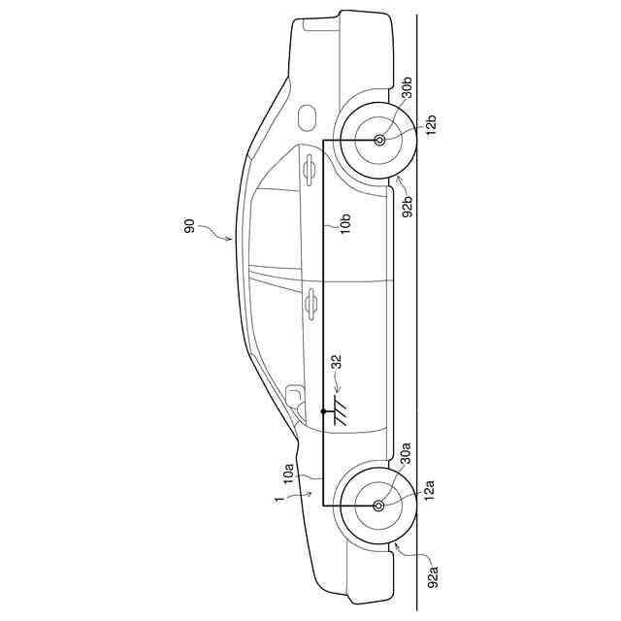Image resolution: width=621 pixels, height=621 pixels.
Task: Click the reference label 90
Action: coord(190,226)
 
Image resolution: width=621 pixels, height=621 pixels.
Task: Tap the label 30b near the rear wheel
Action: coord(407,87)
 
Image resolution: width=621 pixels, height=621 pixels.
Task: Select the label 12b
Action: coord(431,124)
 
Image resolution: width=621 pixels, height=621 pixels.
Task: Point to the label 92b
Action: coord(408,207)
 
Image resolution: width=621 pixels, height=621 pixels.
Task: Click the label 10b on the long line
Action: coord(345,223)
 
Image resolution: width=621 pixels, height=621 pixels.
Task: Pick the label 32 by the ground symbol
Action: coord(337,362)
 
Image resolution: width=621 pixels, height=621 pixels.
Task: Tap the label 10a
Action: coord(288,473)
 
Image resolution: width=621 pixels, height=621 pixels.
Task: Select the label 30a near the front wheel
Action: coord(406,453)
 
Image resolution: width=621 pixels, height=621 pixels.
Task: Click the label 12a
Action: coord(429,490)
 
